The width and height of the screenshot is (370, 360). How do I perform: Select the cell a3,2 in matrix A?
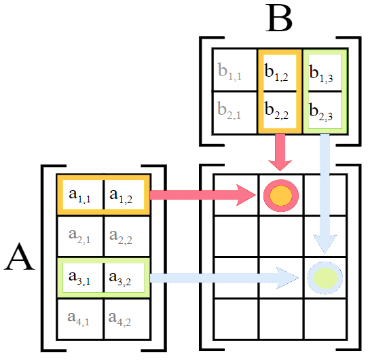point(124,276)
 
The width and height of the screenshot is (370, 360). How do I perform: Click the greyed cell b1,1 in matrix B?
point(234,70)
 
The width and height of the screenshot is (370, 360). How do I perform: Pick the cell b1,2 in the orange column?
point(279,70)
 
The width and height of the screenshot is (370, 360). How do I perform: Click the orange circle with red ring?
point(280,195)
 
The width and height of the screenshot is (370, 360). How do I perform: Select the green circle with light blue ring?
point(325,276)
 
